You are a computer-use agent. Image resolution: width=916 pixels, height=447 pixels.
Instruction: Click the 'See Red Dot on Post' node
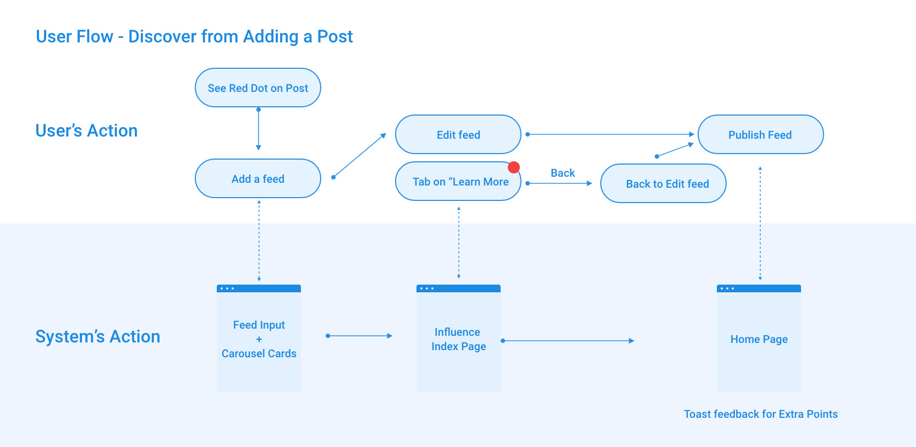pyautogui.click(x=257, y=88)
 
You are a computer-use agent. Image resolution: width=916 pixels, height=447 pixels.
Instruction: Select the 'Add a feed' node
pyautogui.click(x=257, y=178)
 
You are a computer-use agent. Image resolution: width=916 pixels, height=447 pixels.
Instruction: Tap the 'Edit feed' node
pyautogui.click(x=458, y=134)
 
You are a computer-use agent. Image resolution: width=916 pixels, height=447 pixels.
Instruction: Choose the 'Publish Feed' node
pyautogui.click(x=761, y=134)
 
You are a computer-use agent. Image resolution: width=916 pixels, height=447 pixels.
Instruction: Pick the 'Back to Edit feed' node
pyautogui.click(x=663, y=183)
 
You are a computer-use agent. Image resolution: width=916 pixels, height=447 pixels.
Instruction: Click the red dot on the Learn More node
pyautogui.click(x=514, y=167)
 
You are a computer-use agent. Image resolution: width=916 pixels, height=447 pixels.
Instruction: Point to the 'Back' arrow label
pyautogui.click(x=563, y=173)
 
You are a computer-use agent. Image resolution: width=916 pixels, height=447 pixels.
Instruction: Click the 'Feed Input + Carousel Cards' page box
pyautogui.click(x=259, y=338)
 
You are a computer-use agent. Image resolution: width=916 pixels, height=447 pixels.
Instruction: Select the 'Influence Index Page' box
pyautogui.click(x=458, y=338)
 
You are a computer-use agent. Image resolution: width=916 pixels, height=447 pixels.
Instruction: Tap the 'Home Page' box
pyautogui.click(x=759, y=338)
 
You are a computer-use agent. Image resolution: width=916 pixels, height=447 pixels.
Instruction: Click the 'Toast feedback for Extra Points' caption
pyautogui.click(x=761, y=414)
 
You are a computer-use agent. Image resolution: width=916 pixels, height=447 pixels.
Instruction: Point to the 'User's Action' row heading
pyautogui.click(x=86, y=130)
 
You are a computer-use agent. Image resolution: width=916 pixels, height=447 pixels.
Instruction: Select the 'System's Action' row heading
pyautogui.click(x=98, y=336)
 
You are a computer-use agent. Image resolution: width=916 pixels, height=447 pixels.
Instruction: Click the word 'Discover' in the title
pyautogui.click(x=162, y=36)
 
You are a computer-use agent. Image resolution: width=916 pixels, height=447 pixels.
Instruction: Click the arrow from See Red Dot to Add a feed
pyautogui.click(x=259, y=129)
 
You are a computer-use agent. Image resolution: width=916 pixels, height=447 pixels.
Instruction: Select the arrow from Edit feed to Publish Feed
pyautogui.click(x=610, y=134)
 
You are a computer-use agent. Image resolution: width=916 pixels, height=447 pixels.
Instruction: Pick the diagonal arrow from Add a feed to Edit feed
pyautogui.click(x=359, y=155)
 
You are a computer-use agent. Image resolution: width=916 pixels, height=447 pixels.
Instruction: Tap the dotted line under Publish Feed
pyautogui.click(x=760, y=223)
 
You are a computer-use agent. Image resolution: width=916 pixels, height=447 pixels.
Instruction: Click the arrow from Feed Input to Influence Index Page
pyautogui.click(x=359, y=336)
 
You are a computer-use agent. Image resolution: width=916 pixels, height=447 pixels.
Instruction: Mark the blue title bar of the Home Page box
pyautogui.click(x=759, y=288)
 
